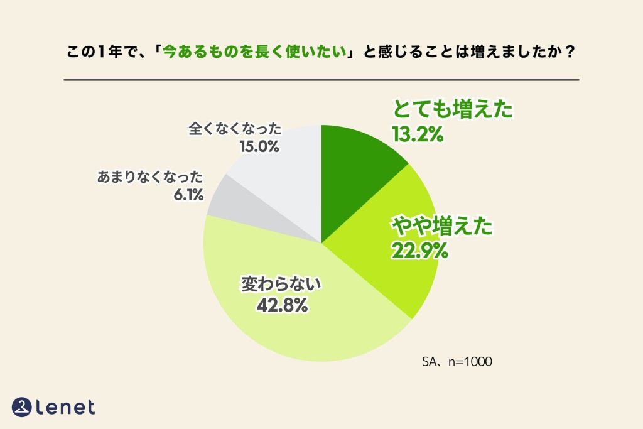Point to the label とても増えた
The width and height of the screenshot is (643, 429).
pyautogui.click(x=453, y=111)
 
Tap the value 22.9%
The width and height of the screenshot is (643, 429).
pyautogui.click(x=419, y=251)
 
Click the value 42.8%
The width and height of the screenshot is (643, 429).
pyautogui.click(x=281, y=305)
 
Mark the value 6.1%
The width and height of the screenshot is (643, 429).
pyautogui.click(x=188, y=195)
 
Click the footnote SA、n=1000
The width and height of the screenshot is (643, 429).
pyautogui.click(x=457, y=362)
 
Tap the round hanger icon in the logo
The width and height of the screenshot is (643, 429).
pyautogui.click(x=23, y=406)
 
